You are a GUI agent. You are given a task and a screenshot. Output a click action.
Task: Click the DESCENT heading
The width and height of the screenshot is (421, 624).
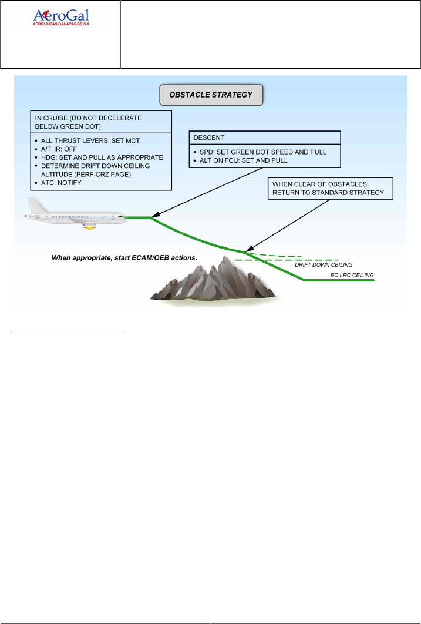click(210, 137)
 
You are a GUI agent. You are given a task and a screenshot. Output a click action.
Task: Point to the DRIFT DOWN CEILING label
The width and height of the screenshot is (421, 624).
click(324, 265)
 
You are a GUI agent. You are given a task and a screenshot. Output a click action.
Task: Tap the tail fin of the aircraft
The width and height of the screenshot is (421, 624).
click(33, 206)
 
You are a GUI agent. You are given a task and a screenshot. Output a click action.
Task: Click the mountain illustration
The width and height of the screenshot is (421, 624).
click(214, 279)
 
